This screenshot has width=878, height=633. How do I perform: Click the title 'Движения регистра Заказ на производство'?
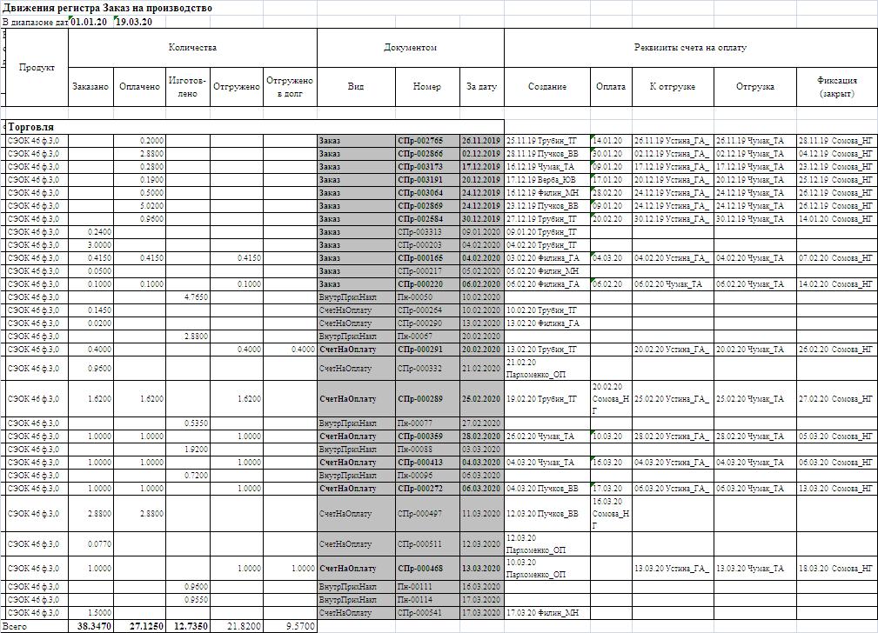click(107, 8)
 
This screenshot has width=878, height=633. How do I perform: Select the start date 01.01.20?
click(88, 22)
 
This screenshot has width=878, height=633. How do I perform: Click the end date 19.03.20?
click(134, 22)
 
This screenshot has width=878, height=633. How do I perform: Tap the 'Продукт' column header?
click(37, 67)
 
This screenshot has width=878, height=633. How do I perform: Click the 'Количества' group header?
click(192, 48)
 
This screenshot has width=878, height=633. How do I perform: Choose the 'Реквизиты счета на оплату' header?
click(691, 48)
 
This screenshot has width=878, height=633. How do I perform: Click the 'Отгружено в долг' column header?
click(290, 86)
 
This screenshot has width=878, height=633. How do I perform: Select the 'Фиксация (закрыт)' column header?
click(837, 86)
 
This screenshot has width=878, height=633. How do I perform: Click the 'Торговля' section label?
click(31, 127)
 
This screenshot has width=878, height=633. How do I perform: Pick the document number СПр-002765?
click(420, 140)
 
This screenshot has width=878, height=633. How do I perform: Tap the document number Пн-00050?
click(415, 297)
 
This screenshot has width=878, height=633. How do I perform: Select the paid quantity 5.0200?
click(151, 205)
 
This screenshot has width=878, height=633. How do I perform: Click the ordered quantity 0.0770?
click(99, 544)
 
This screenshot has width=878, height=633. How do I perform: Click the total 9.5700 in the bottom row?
click(298, 626)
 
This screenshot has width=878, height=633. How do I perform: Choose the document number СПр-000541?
click(420, 613)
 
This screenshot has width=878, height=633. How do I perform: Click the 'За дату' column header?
click(481, 86)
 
